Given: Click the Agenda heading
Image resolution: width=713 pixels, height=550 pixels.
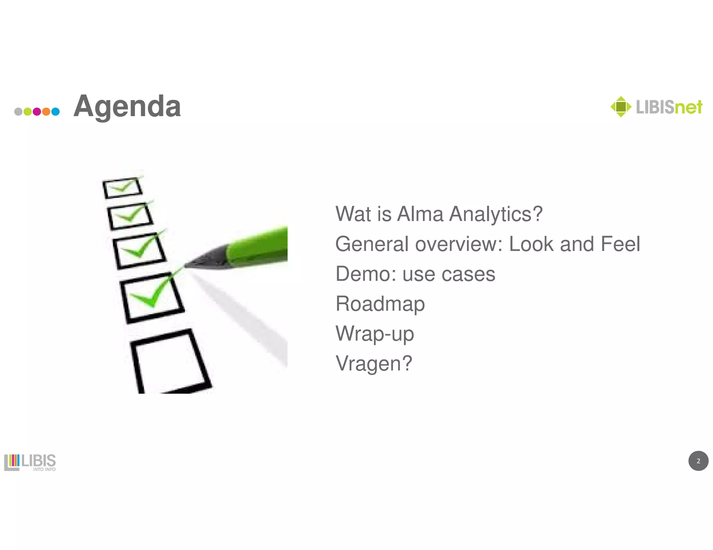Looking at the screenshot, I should pyautogui.click(x=127, y=106).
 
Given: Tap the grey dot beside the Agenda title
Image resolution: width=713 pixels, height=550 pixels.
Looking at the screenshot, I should pyautogui.click(x=18, y=112).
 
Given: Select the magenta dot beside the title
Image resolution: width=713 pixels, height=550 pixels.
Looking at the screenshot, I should pyautogui.click(x=37, y=112).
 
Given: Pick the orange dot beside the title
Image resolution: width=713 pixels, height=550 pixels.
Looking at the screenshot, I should pyautogui.click(x=46, y=112).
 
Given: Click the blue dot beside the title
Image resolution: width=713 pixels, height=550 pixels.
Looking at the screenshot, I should pyautogui.click(x=55, y=112).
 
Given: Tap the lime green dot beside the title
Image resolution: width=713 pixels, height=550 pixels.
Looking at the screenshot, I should pyautogui.click(x=28, y=112).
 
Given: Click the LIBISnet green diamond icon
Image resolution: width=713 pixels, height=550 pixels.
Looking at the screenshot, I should pyautogui.click(x=621, y=107).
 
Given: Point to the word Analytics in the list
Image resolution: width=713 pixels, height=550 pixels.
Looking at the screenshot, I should pyautogui.click(x=496, y=214).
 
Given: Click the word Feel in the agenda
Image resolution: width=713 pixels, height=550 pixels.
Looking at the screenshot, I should pyautogui.click(x=620, y=244).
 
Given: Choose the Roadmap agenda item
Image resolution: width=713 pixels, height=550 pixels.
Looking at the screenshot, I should pyautogui.click(x=380, y=304).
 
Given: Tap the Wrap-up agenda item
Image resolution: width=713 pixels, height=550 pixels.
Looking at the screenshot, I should pyautogui.click(x=375, y=334).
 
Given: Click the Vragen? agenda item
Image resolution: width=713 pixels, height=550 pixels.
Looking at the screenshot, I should pyautogui.click(x=374, y=364).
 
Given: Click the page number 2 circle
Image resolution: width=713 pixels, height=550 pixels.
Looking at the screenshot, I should pyautogui.click(x=698, y=461).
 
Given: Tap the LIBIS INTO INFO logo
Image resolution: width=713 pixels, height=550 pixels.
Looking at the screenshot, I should pyautogui.click(x=30, y=462).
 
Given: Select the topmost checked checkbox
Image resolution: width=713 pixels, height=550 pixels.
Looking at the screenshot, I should pyautogui.click(x=122, y=188).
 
